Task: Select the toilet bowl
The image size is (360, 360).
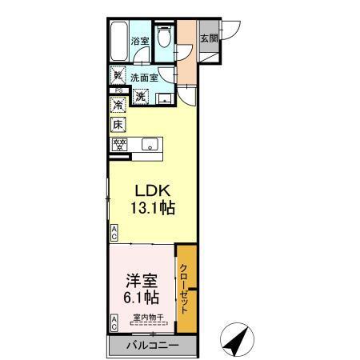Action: (x=164, y=37)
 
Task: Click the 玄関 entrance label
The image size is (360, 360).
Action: (x=208, y=38)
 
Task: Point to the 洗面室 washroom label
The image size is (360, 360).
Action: (x=144, y=78)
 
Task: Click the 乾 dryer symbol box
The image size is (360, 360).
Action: (x=118, y=77)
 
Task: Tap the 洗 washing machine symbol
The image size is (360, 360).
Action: (x=140, y=96)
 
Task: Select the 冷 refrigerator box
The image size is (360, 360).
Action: (x=118, y=105)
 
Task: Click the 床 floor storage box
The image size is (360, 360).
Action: (x=118, y=125)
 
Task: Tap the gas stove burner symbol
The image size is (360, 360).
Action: (x=119, y=145)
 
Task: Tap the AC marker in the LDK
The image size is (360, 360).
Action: (x=114, y=233)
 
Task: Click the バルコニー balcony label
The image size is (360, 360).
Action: (x=152, y=345)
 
